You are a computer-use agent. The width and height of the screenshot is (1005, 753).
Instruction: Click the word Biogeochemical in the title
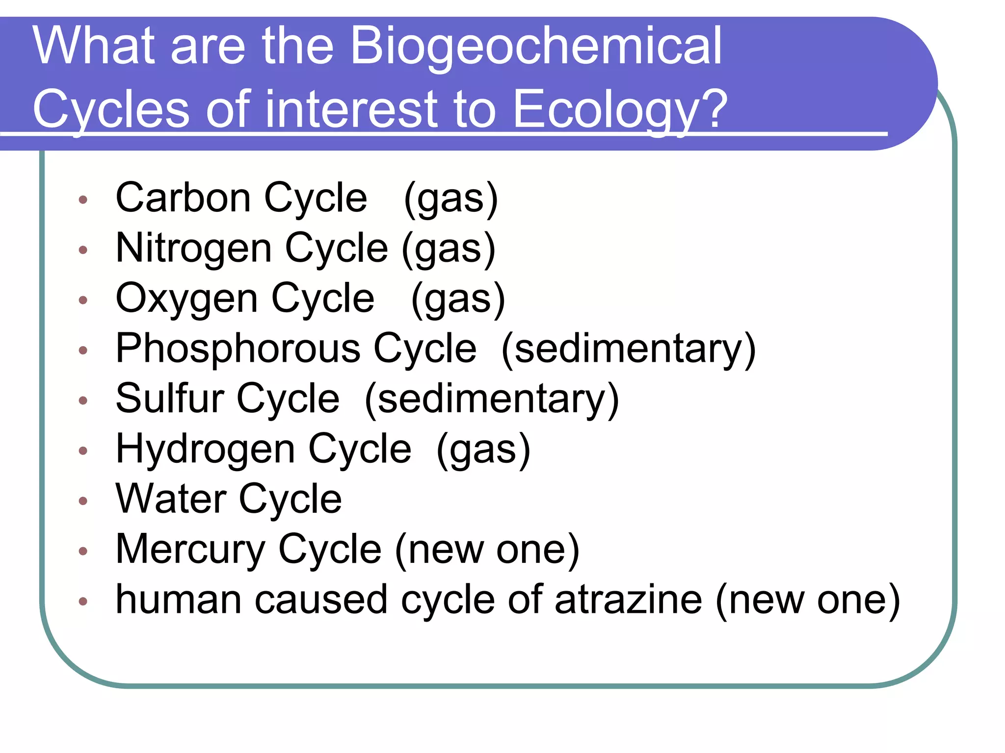tap(536, 47)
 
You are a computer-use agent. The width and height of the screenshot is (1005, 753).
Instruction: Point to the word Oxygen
tap(186, 299)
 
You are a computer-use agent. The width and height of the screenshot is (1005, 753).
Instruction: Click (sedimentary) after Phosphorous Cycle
tap(629, 349)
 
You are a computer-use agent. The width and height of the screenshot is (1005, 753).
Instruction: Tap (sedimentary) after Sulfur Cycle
tap(492, 399)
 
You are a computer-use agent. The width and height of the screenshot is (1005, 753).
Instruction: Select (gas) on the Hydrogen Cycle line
tap(483, 450)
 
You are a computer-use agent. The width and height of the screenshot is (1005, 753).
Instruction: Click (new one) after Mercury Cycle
tap(487, 550)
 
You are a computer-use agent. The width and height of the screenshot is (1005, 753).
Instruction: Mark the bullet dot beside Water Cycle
tap(83, 501)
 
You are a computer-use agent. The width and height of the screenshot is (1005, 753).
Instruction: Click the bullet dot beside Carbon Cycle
tap(83, 200)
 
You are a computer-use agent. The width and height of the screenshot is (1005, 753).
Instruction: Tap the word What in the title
tap(93, 46)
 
